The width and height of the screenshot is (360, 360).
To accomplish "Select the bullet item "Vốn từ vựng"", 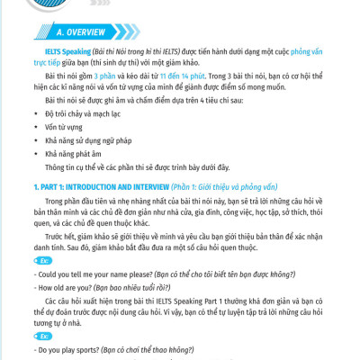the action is [x=64, y=129].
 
